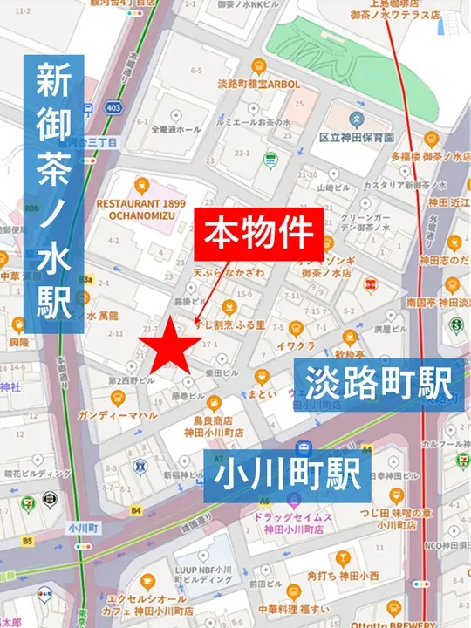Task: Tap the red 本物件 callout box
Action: (258, 233)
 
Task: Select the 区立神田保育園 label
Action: (357, 139)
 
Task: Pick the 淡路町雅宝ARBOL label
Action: (257, 85)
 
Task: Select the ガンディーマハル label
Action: (117, 415)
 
